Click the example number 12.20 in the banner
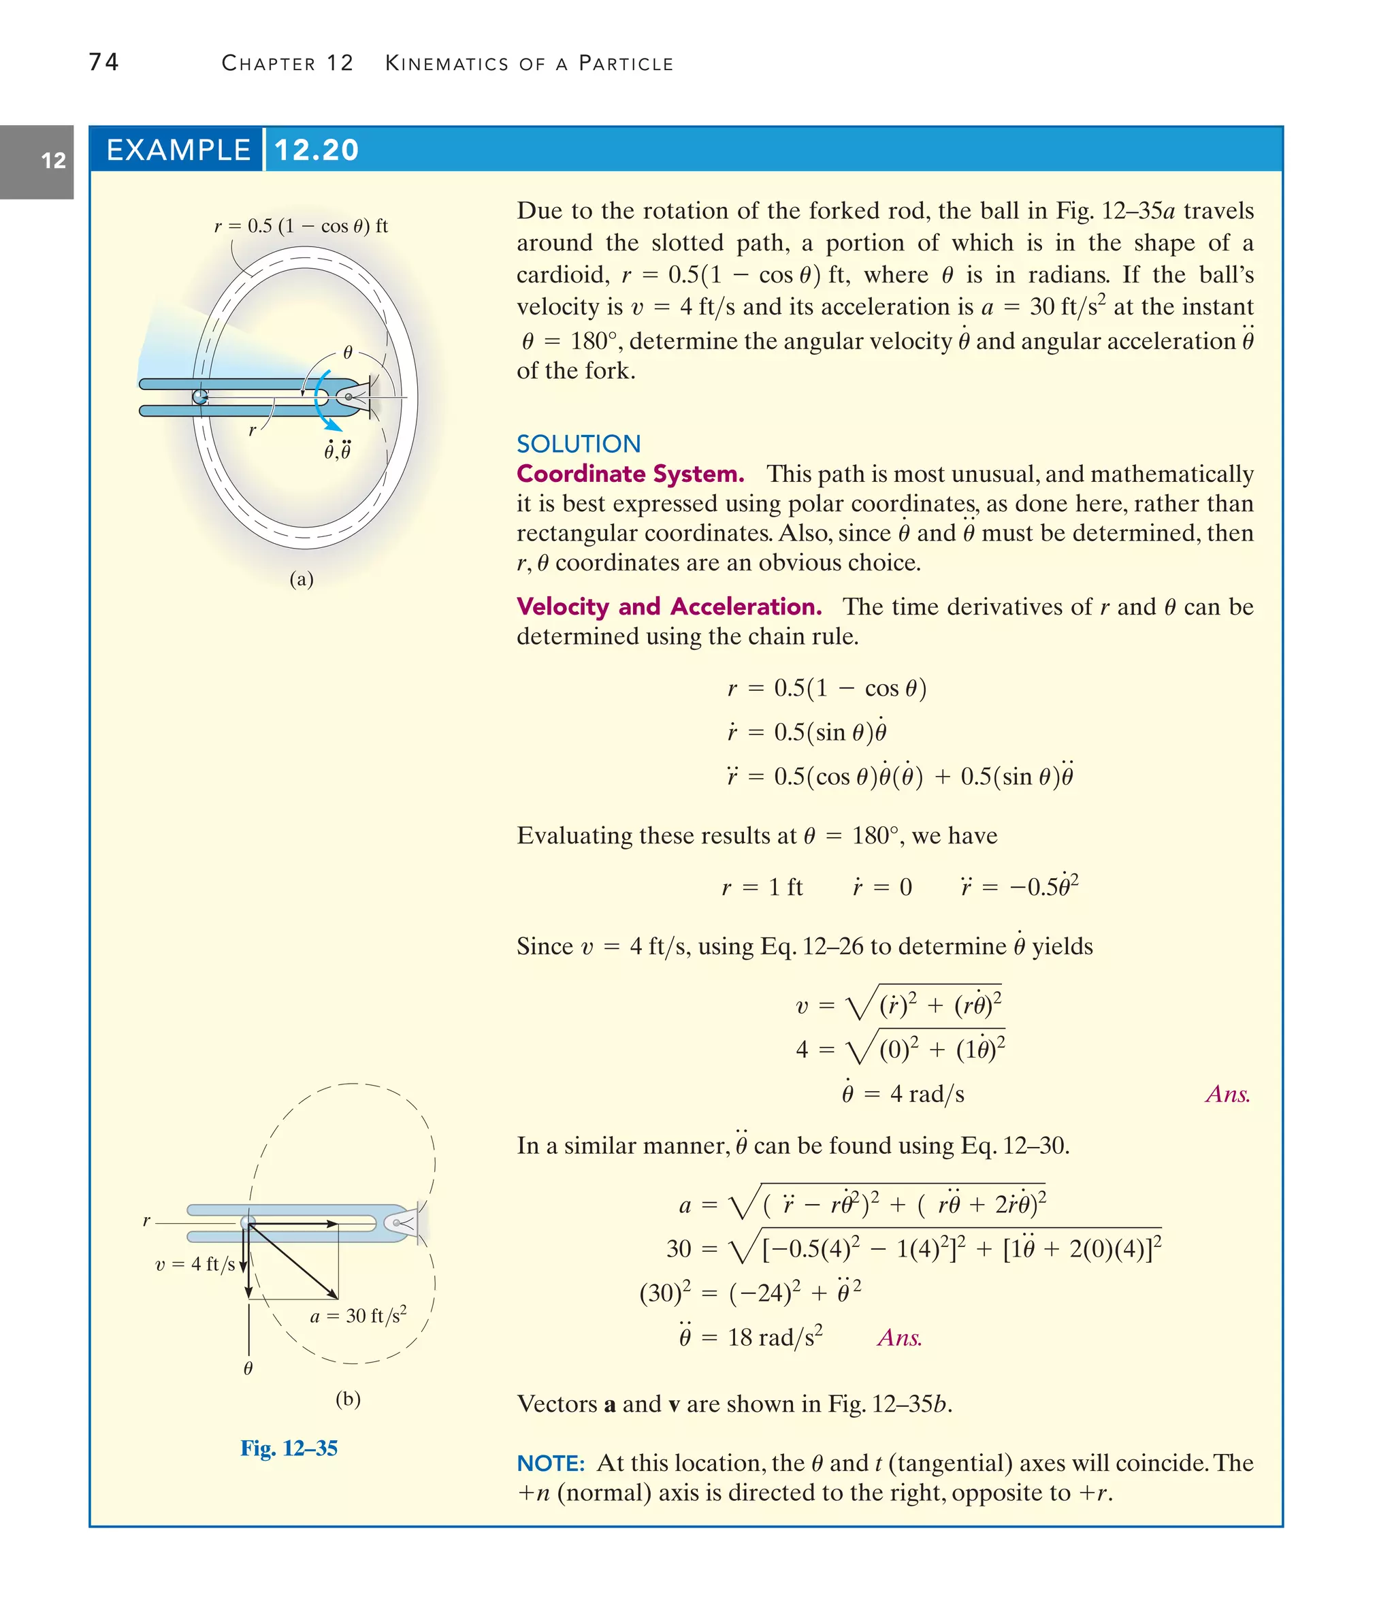[x=317, y=150]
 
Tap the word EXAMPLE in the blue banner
[x=178, y=150]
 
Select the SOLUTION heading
[x=578, y=444]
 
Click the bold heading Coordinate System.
[x=630, y=474]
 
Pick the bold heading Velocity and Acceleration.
[x=668, y=606]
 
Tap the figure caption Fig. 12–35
[x=289, y=1448]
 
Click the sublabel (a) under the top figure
[x=302, y=579]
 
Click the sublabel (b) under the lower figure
[x=348, y=1399]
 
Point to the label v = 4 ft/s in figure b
[x=195, y=1264]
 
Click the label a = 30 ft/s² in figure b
[x=357, y=1316]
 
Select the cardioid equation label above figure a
[x=301, y=227]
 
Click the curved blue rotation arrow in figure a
[x=323, y=402]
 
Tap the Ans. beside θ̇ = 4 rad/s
[x=1227, y=1094]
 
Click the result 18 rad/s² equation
[x=751, y=1338]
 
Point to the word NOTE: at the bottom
[x=551, y=1463]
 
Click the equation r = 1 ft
[x=762, y=887]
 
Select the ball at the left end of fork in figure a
[x=200, y=398]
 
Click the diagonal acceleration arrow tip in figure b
[x=336, y=1297]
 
